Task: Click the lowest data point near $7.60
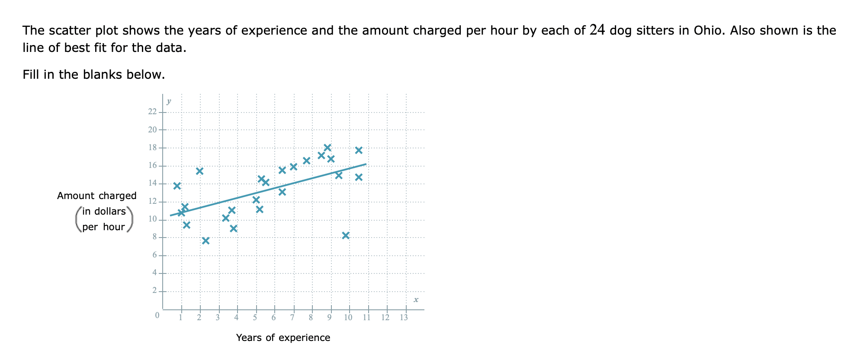coord(206,241)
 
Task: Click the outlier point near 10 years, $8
coord(345,235)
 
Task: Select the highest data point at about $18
coord(328,148)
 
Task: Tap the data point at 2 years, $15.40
coord(199,171)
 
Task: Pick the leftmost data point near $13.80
coord(177,186)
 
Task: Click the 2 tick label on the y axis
coord(154,290)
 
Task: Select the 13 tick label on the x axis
coord(404,318)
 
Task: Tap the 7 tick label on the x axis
coord(292,318)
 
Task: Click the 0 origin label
coord(157,315)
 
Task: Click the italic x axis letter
coord(416,299)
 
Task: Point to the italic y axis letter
coord(169,101)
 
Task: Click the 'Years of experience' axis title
coord(283,337)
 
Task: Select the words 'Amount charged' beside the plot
coord(97,196)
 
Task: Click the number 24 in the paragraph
coord(597,30)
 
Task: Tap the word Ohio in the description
coord(708,30)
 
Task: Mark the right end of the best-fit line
coord(366,164)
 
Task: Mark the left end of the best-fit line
coord(170,215)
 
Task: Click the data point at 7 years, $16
coord(293,167)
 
